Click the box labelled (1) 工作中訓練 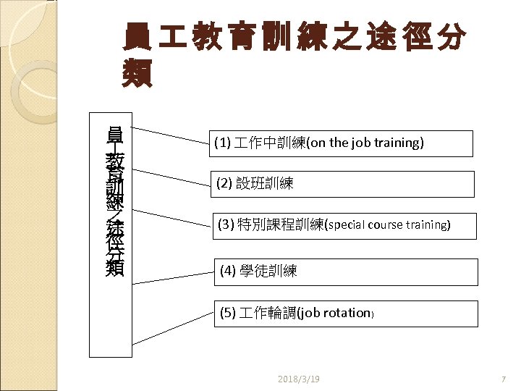coord(341,143)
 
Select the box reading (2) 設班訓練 coord(341,184)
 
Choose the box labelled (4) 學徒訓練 coord(347,272)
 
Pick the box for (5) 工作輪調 coord(347,314)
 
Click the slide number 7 coord(503,379)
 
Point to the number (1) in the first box coord(221,143)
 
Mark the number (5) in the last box coord(228,314)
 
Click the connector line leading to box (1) coord(169,135)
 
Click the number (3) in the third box coord(224,225)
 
